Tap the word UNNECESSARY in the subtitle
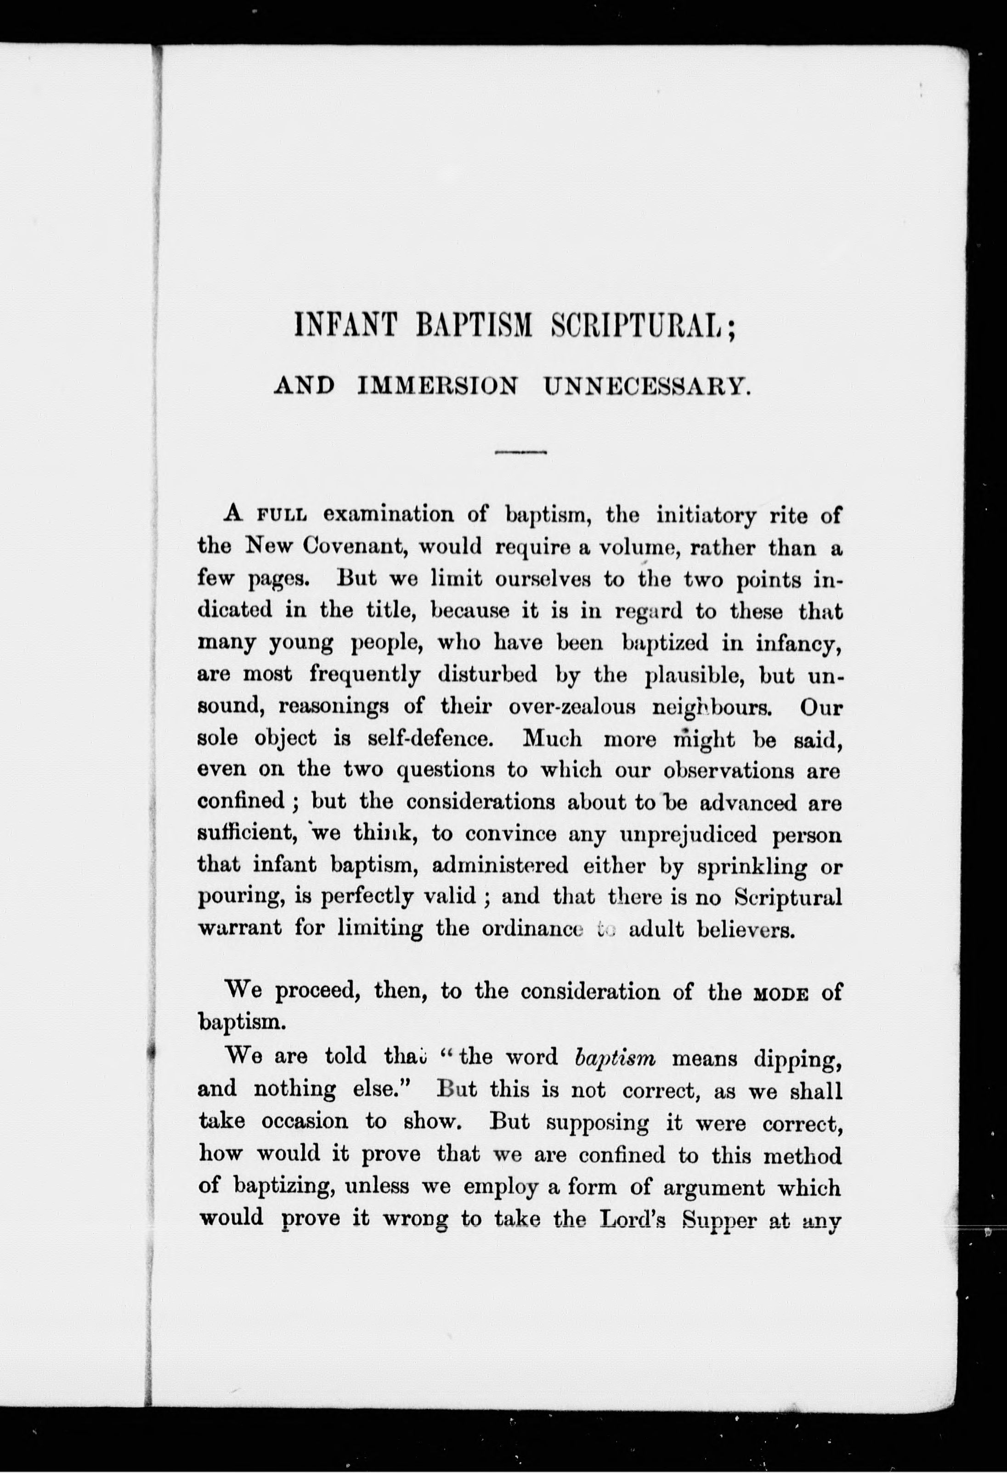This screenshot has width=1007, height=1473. point(647,386)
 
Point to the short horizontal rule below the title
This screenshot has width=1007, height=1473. point(520,452)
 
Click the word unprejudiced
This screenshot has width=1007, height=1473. point(694,835)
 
